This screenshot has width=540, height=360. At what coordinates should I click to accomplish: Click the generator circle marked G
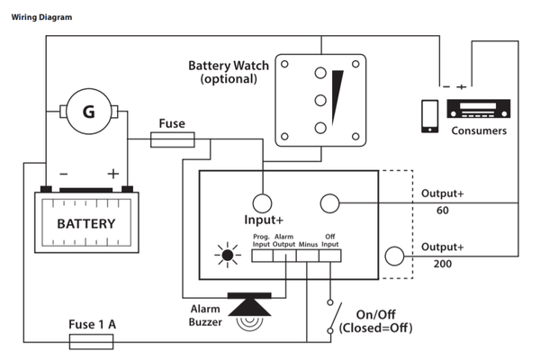(x=88, y=112)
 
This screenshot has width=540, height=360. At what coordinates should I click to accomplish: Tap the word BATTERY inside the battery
(x=86, y=223)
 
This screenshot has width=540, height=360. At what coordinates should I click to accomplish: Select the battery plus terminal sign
(x=113, y=174)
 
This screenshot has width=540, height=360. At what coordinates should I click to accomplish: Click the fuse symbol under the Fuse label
(x=173, y=139)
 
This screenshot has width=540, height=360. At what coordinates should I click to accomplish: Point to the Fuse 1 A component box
(x=90, y=340)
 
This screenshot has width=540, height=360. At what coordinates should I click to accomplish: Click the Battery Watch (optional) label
(x=223, y=73)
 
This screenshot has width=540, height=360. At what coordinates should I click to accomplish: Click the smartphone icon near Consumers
(x=430, y=115)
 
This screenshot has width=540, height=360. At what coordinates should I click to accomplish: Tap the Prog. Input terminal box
(x=261, y=256)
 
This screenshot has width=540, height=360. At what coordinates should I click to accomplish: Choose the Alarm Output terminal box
(x=284, y=256)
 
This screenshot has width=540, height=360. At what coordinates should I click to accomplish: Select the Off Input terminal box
(x=329, y=256)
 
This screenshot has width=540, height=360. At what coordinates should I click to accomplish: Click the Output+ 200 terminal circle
(x=394, y=256)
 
